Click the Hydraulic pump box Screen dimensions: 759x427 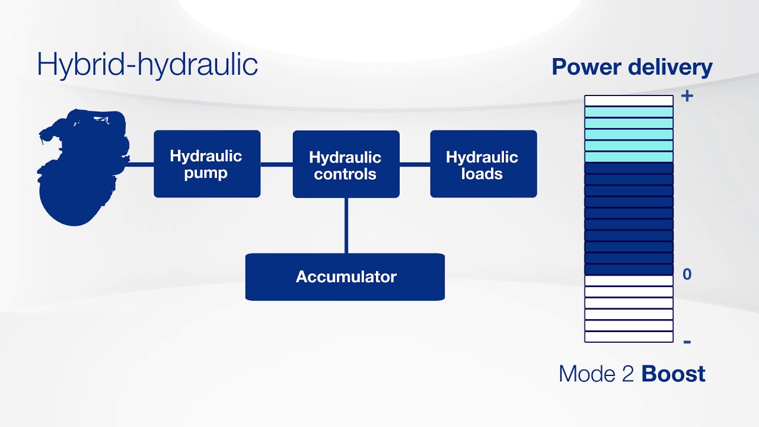pos(206,164)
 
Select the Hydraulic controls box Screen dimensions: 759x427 pos(346,164)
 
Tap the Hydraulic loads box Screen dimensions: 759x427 pos(483,164)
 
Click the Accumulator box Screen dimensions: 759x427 pos(345,277)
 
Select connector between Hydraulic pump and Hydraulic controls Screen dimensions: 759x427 pos(276,164)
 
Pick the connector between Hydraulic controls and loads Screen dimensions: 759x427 pos(414,164)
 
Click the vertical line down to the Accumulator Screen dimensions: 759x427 pos(346,225)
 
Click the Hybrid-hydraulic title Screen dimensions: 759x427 pos(147,63)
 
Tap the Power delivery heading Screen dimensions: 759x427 pos(632,67)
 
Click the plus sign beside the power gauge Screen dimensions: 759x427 pos(687,95)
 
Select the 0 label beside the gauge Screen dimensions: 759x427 pos(687,274)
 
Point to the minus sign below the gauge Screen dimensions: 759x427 pos(687,342)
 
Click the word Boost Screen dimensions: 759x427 pos(674,374)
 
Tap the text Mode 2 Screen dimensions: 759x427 pos(598,374)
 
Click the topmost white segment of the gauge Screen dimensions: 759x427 pos(629,101)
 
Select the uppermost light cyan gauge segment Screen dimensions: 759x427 pos(629,112)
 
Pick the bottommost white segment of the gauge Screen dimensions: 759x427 pos(629,337)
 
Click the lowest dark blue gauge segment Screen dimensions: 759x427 pos(629,269)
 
